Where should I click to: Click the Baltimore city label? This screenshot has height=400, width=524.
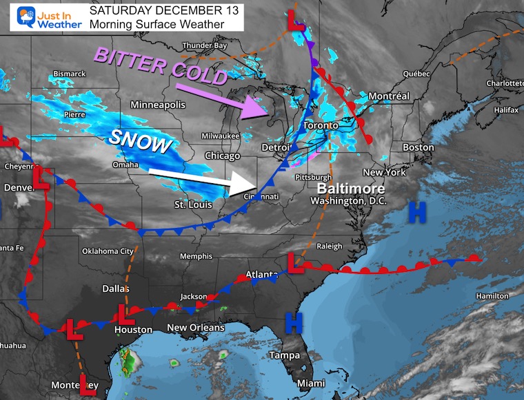pyautogui.click(x=350, y=187)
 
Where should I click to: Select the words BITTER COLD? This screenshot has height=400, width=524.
pyautogui.click(x=161, y=66)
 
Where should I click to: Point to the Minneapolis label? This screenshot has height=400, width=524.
pyautogui.click(x=158, y=105)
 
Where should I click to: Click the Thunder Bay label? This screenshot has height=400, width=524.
pyautogui.click(x=204, y=46)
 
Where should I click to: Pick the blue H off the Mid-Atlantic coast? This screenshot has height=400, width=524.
pyautogui.click(x=416, y=212)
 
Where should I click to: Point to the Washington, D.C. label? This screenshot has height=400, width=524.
pyautogui.click(x=347, y=201)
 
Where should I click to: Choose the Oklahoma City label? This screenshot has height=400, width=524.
pyautogui.click(x=107, y=251)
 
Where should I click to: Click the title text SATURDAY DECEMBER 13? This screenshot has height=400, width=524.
pyautogui.click(x=155, y=11)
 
